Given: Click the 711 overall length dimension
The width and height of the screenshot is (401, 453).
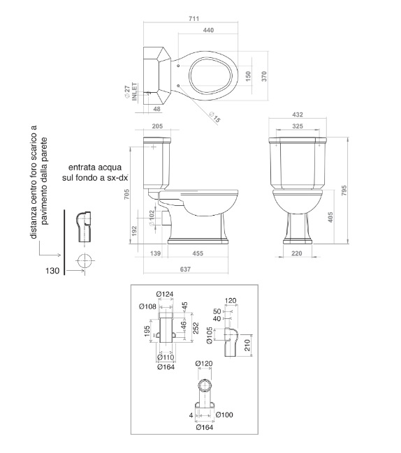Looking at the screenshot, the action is (x=194, y=18).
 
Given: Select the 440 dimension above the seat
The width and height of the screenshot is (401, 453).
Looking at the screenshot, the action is (x=208, y=30).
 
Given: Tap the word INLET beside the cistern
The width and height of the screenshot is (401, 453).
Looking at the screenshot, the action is (x=135, y=92).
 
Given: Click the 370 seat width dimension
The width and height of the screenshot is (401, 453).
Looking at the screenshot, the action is (x=264, y=76).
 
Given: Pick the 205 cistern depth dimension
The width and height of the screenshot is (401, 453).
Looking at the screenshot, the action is (x=157, y=126).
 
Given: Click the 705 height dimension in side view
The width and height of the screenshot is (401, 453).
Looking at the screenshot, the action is (x=126, y=194).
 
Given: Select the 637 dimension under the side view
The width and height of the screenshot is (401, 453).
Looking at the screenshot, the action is (x=185, y=269).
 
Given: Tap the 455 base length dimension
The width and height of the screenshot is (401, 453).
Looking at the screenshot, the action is (x=198, y=253).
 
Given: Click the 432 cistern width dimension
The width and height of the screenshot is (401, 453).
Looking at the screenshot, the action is (x=298, y=114).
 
